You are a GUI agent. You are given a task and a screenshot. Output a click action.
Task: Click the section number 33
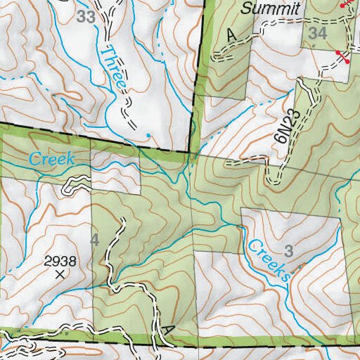(x=86, y=17)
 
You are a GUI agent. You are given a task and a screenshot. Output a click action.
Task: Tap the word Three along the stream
(x=114, y=67)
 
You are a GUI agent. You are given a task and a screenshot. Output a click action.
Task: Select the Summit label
(x=271, y=8)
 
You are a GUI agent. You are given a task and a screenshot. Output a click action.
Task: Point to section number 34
(x=318, y=32)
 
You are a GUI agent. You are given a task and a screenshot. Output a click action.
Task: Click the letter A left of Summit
(x=232, y=35)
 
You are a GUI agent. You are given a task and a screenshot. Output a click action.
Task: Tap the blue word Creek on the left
(x=51, y=160)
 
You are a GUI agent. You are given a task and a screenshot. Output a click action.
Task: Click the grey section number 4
(x=95, y=240)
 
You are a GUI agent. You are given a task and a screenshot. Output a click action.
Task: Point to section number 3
(x=288, y=251)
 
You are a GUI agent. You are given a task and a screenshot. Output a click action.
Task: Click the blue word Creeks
(x=269, y=260)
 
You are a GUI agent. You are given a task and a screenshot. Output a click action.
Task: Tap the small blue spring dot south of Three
(x=149, y=135)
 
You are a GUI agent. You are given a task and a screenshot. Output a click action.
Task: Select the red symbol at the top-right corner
(x=346, y=4)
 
